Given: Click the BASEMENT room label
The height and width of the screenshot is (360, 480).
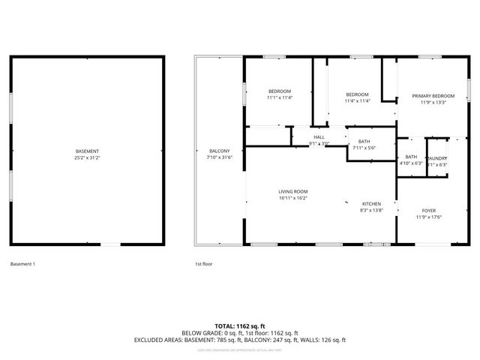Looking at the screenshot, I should click(86, 151).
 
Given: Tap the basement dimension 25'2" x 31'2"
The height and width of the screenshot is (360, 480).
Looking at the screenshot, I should click(86, 158).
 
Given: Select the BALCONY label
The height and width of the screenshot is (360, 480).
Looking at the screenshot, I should click(220, 151).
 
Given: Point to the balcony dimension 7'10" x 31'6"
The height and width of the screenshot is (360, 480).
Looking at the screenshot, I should click(220, 157).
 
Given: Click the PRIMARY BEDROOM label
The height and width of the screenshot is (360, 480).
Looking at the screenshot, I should click(433, 96).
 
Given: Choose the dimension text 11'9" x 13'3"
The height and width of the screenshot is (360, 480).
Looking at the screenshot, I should click(433, 103).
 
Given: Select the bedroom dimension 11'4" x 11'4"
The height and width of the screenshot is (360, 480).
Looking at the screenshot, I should click(357, 101).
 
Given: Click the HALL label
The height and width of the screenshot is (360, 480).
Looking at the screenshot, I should click(319, 137).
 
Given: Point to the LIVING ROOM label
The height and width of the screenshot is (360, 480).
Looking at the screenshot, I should click(293, 191).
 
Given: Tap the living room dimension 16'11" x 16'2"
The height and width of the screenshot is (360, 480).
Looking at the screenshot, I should click(293, 198).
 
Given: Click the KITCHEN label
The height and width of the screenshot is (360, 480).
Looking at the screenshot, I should click(372, 204).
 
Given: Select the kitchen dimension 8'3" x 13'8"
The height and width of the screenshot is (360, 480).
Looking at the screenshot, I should click(372, 211).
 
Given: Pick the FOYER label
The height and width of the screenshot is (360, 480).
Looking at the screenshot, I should click(429, 211).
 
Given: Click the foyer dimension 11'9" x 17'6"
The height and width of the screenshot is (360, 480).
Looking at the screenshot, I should click(429, 217).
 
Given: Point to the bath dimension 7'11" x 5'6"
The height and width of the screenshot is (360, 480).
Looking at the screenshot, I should click(364, 148).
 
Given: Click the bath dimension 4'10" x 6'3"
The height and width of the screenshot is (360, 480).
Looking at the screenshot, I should click(411, 163).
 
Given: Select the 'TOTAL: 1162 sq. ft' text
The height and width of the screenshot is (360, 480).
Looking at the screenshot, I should click(240, 325).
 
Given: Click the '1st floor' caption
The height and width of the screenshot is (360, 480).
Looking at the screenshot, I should click(204, 264).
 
